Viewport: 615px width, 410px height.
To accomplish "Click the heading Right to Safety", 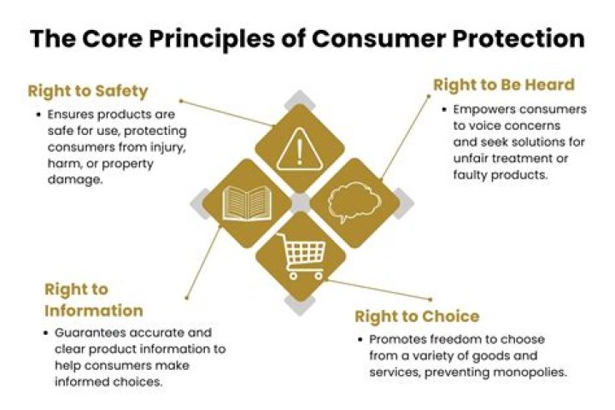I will pyautogui.click(x=88, y=91).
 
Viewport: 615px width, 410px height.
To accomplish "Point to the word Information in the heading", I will pyautogui.click(x=93, y=310).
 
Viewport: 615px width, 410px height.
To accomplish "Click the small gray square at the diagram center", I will pyautogui.click(x=299, y=203).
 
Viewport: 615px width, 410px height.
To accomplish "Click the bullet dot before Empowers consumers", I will pyautogui.click(x=444, y=110).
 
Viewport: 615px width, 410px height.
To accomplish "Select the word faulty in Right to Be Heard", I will pyautogui.click(x=471, y=174).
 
